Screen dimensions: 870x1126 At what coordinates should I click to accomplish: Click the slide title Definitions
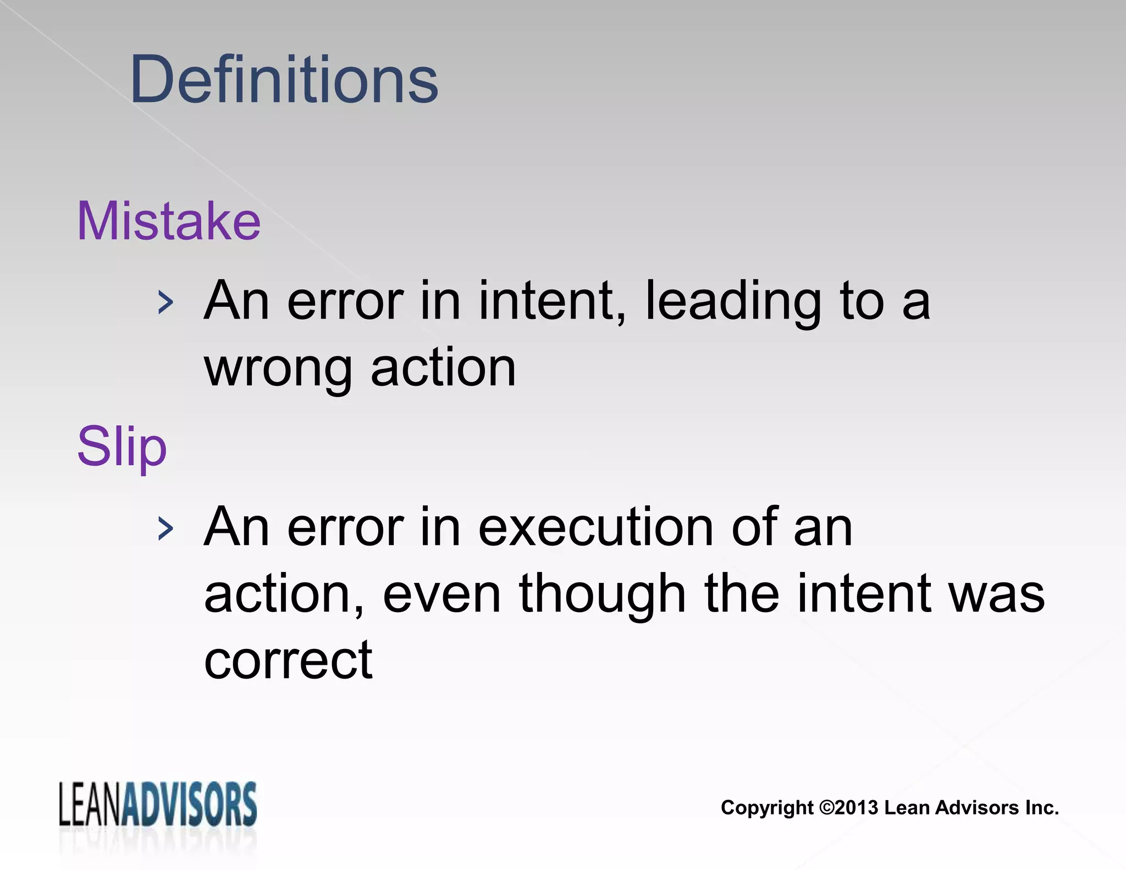[x=284, y=80]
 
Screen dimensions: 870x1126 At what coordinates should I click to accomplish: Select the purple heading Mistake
[x=169, y=221]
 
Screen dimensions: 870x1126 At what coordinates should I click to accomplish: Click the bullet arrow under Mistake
[x=165, y=303]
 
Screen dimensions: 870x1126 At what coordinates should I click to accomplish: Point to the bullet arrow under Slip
[x=165, y=529]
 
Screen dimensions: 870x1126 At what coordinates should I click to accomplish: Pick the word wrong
[x=278, y=370]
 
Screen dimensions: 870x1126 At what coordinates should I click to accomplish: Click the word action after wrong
[x=444, y=368]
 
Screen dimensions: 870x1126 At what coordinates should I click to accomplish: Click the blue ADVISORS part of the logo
[x=189, y=805]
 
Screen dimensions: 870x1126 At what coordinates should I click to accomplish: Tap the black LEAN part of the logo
[x=90, y=805]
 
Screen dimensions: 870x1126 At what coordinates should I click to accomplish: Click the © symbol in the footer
[x=826, y=808]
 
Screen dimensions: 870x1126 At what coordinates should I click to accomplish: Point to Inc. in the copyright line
[x=1041, y=808]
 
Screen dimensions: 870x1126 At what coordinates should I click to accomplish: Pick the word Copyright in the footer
[x=767, y=808]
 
